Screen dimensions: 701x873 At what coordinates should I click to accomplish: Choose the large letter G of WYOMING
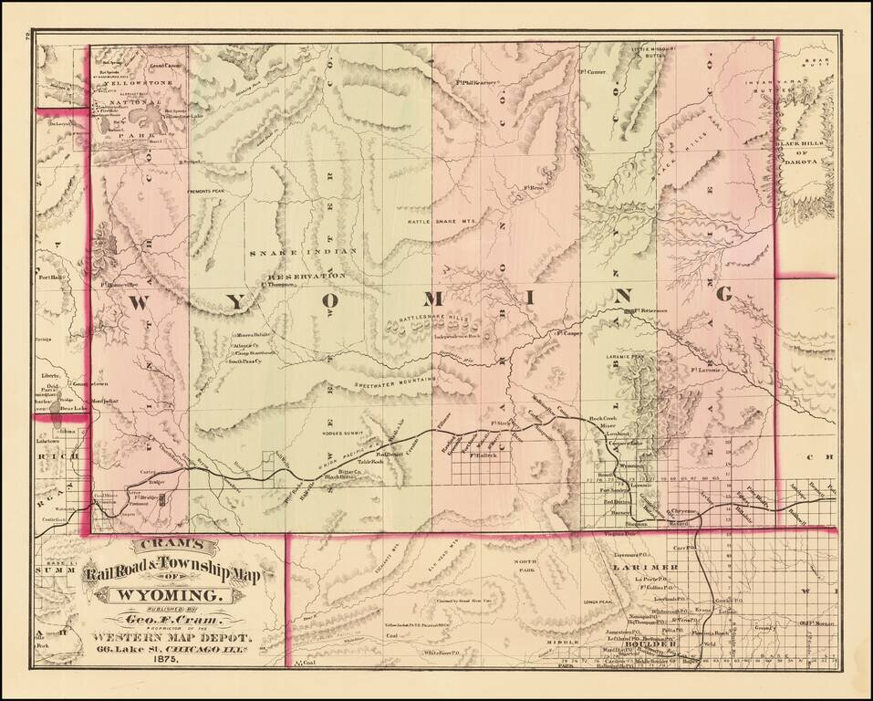[725, 294]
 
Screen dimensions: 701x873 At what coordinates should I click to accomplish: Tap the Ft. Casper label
[566, 334]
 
